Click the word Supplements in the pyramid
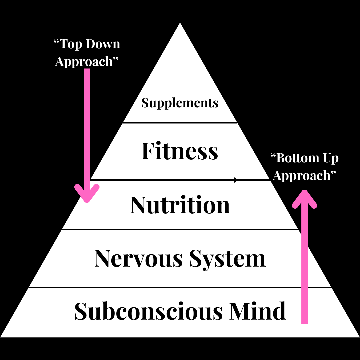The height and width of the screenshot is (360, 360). coord(180,103)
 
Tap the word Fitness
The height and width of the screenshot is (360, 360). coord(180,151)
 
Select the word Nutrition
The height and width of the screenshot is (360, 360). coord(180,205)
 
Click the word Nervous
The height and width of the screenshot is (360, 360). coord(139,258)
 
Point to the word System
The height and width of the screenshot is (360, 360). coord(228,258)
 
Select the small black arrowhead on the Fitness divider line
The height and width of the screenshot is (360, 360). coord(236,180)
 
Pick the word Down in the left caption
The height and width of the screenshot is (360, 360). coord(103,44)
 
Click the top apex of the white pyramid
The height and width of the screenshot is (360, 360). coord(180,24)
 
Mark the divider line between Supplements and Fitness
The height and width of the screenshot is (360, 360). coord(180,123)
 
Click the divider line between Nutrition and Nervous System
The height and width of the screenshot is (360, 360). coord(180,229)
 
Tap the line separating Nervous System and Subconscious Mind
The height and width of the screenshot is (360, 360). coord(180,287)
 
